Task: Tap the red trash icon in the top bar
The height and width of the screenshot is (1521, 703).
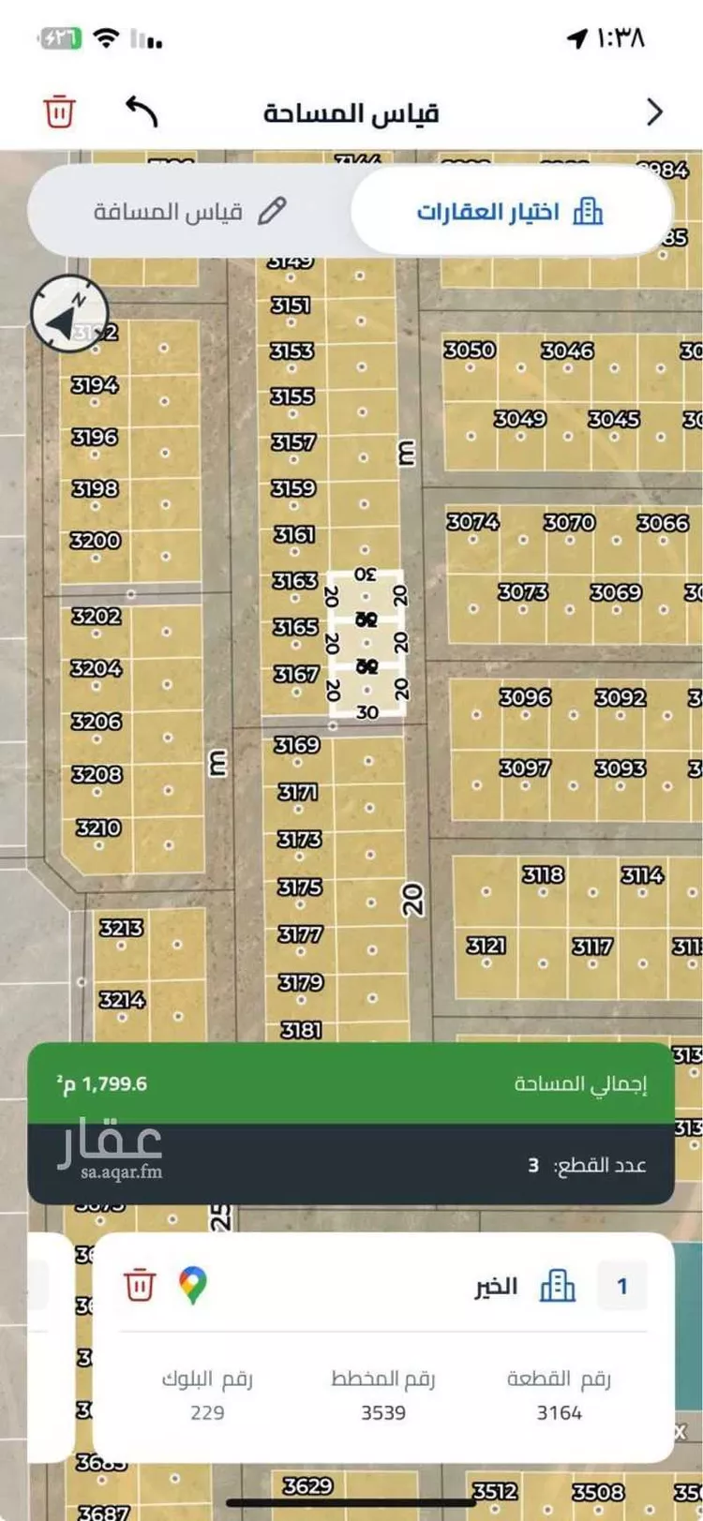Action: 58,112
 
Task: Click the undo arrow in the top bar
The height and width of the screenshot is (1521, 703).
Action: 142,112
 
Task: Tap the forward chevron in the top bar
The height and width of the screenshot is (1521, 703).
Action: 654,112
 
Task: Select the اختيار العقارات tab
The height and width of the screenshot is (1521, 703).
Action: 510,211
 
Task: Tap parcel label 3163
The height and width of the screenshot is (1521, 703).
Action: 294,581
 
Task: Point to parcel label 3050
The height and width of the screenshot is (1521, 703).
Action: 469,350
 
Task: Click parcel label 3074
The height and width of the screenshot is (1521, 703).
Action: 472,521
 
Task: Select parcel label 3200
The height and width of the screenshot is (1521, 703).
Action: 96,540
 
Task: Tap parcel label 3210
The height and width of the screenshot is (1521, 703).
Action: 98,828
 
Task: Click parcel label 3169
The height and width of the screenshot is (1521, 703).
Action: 296,745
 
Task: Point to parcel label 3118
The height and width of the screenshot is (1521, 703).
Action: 543,874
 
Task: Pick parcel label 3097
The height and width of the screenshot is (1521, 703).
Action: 524,768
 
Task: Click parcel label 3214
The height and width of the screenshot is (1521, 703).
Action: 123,1000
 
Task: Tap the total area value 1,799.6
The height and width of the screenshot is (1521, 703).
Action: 102,1084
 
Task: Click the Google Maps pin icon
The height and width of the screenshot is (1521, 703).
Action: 193,1285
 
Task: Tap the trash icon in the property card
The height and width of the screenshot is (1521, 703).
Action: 139,1285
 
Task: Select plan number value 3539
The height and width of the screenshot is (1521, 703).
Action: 383,1412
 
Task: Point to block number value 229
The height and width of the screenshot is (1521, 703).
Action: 207,1412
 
